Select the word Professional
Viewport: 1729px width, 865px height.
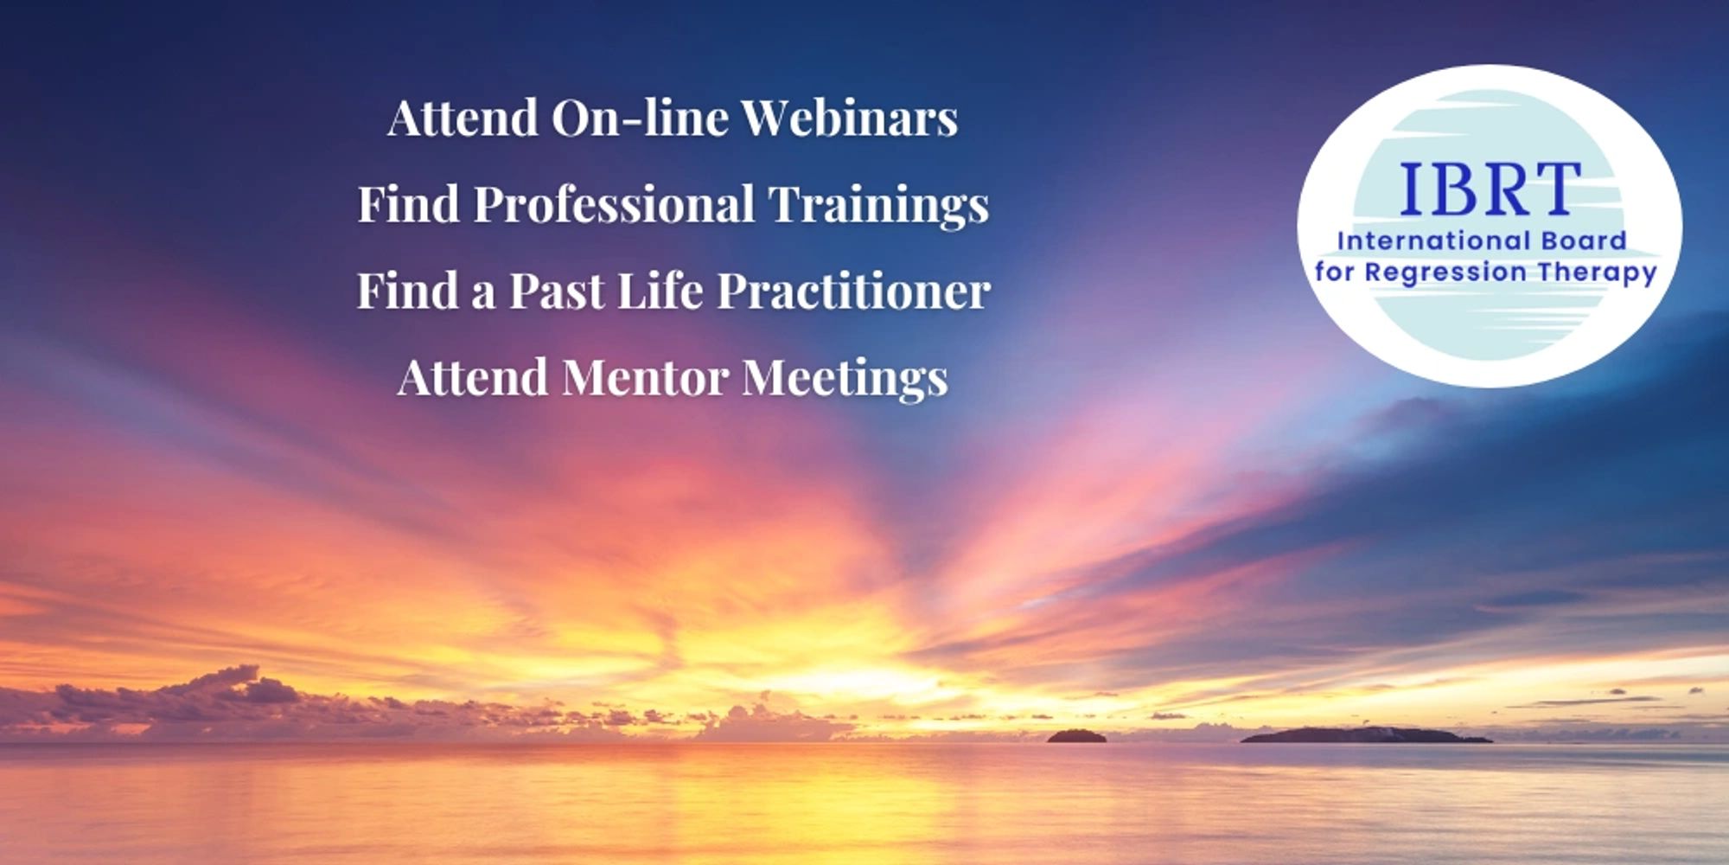click(614, 204)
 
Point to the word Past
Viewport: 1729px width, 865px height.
click(556, 291)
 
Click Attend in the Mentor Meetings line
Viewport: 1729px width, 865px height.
click(473, 377)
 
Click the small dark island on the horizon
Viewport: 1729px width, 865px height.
click(1076, 736)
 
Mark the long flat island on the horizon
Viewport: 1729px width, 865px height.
click(1366, 735)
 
